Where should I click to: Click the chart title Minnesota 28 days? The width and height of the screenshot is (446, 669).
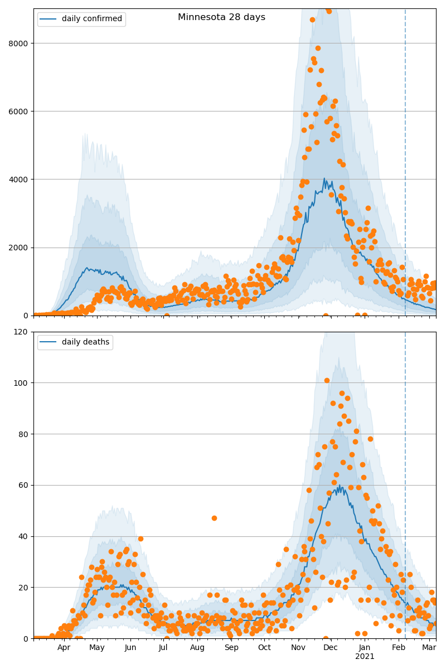coord(221,17)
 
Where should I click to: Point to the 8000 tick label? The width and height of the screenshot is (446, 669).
coord(21,43)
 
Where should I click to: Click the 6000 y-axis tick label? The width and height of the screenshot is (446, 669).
coord(21,111)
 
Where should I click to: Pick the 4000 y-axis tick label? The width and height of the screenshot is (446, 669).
coord(21,180)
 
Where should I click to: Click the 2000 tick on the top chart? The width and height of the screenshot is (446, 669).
coord(21,248)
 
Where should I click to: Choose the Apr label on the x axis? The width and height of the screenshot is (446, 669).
coord(64,648)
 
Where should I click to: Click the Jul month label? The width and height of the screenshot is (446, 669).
coord(163,648)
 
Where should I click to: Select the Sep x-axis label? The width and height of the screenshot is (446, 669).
coord(231,648)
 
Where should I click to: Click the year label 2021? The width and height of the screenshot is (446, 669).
coord(365,657)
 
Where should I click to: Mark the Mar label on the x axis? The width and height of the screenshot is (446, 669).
coord(429,648)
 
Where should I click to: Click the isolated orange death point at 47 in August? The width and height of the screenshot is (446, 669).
coord(214,518)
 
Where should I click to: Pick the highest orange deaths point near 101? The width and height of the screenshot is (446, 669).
coord(327,381)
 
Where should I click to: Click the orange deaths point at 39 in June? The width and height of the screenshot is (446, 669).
coord(140,539)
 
